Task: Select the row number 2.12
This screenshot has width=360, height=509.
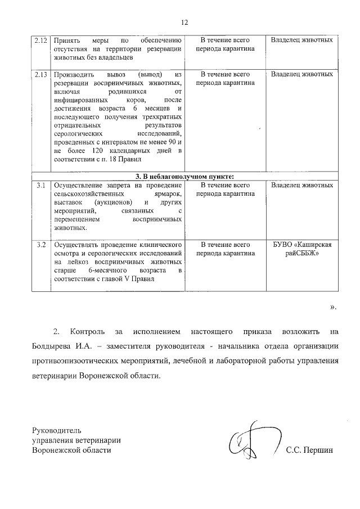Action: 40,41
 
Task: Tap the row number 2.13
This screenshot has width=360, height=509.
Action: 40,74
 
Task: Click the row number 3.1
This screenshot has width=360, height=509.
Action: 40,185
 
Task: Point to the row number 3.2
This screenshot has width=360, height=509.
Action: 40,245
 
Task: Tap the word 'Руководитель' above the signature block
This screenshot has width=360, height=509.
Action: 57,430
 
